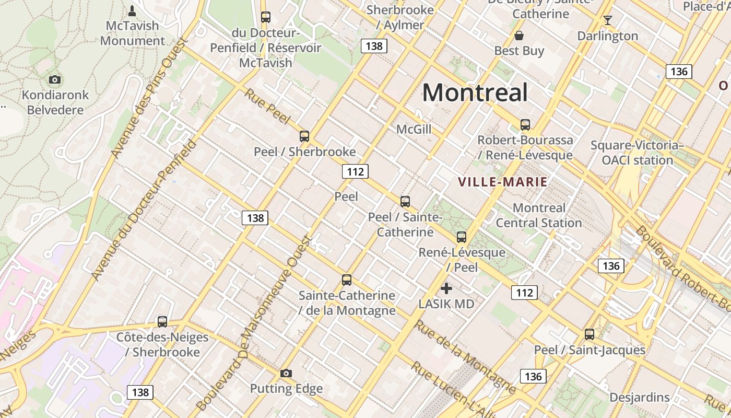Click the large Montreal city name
point(475,92)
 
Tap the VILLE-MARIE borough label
point(502,182)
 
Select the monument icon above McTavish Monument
point(132,10)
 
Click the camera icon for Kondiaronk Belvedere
point(55,79)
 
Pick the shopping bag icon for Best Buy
point(519,36)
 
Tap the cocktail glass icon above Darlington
point(607,20)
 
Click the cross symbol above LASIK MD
point(446,288)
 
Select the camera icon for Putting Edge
point(286,373)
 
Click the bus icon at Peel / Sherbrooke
point(304,136)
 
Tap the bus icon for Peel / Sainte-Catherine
point(405,201)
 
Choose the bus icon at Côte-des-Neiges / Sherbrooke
point(162,322)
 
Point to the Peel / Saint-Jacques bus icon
point(589,334)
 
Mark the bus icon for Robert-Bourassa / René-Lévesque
point(525,125)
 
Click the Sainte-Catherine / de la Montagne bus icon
point(347,280)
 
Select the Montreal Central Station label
point(538,215)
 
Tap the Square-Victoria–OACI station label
point(637,153)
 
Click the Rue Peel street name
point(267,107)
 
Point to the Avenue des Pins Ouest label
point(145,98)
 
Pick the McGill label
point(414,129)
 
